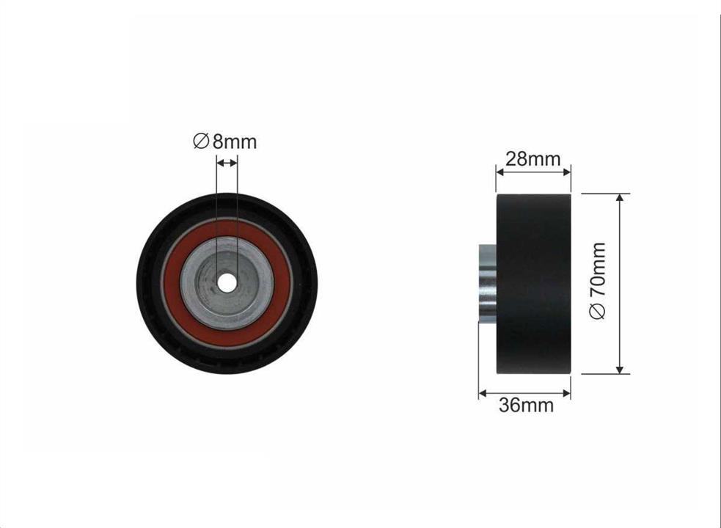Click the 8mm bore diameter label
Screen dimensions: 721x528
(224, 142)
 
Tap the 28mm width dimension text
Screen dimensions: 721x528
(533, 159)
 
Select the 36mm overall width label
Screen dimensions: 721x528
(527, 406)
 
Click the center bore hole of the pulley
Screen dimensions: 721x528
(227, 283)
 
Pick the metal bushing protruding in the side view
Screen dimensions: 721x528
(488, 283)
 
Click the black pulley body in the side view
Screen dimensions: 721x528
(534, 284)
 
